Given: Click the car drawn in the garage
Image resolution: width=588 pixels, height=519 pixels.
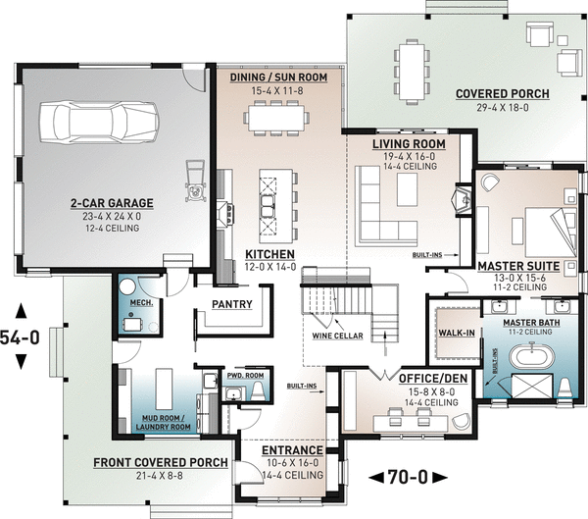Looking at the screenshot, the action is point(99,123).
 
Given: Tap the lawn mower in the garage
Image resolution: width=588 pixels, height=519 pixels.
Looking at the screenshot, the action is point(195,181).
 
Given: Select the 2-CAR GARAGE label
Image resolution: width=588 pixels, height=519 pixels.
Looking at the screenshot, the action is point(112,203).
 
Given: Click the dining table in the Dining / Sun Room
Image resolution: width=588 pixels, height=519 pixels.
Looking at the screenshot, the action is point(276,118).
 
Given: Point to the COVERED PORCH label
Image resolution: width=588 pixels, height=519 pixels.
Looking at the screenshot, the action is point(503,93).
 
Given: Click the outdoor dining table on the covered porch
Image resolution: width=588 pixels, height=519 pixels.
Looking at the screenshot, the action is point(412,72).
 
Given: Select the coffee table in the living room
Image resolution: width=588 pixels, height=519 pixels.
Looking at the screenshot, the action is point(408,189).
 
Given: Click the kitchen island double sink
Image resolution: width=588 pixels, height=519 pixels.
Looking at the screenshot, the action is point(268,206).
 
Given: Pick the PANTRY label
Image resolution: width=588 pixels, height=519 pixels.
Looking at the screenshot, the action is point(232,304).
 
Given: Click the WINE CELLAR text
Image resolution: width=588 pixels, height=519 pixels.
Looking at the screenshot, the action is point(337,336).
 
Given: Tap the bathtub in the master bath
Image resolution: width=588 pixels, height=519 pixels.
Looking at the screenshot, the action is point(531,355).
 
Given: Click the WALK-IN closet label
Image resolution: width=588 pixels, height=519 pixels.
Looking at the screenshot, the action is point(457,333).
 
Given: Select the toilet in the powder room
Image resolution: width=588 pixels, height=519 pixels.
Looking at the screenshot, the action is point(258,390).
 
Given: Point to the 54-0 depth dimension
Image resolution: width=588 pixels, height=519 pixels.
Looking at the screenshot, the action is point(20,337).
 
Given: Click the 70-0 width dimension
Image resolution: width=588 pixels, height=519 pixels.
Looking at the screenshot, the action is point(408,478).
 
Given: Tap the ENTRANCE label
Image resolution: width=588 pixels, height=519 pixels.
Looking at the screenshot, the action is point(292,450).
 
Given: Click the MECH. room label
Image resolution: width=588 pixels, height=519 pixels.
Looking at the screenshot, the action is point(141,303).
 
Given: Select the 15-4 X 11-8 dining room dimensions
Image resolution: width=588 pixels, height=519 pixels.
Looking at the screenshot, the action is point(277,91).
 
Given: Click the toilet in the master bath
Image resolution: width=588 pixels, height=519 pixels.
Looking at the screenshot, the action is point(564,387).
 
